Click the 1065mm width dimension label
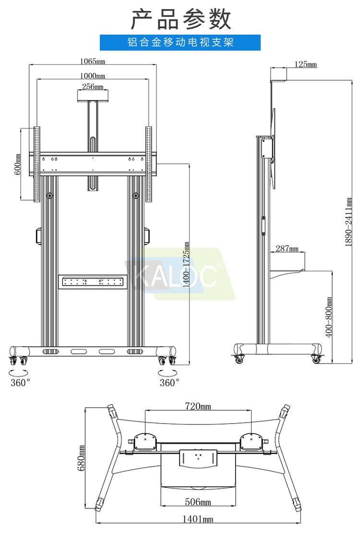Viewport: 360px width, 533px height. point(93,61)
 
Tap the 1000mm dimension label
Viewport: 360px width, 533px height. point(93,75)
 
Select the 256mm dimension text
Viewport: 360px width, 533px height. point(93,86)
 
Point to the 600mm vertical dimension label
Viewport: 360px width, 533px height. point(17,164)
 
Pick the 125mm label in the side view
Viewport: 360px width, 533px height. point(306,64)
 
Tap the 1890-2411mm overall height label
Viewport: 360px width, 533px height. point(348,222)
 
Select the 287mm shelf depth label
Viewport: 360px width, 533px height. point(287,248)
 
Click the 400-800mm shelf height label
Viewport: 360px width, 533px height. point(329,317)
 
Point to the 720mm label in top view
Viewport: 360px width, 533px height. point(198,406)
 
